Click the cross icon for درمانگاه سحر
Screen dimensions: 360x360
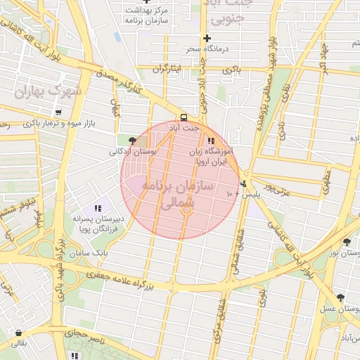click(207, 38)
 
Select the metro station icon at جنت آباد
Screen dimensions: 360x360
click(184, 117)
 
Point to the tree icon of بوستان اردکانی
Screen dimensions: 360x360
click(133, 141)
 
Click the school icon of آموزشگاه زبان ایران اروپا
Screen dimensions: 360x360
click(211, 141)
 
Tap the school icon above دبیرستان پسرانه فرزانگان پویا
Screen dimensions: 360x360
click(98, 208)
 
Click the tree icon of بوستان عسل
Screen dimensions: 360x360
click(340, 298)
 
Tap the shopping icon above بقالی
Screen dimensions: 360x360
click(17, 333)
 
